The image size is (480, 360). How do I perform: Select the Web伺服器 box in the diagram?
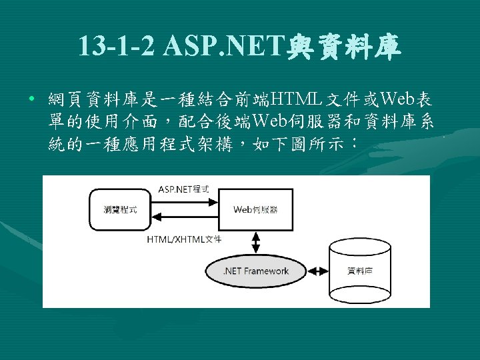pyautogui.click(x=256, y=209)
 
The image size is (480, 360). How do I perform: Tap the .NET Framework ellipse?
pyautogui.click(x=257, y=271)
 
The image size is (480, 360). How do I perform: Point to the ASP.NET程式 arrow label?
pyautogui.click(x=183, y=189)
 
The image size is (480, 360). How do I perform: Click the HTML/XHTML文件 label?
pyautogui.click(x=184, y=239)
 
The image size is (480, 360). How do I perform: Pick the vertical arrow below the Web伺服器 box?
pyautogui.click(x=257, y=242)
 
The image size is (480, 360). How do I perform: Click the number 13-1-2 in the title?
pyautogui.click(x=116, y=46)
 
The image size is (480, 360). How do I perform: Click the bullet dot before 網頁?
pyautogui.click(x=32, y=101)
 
